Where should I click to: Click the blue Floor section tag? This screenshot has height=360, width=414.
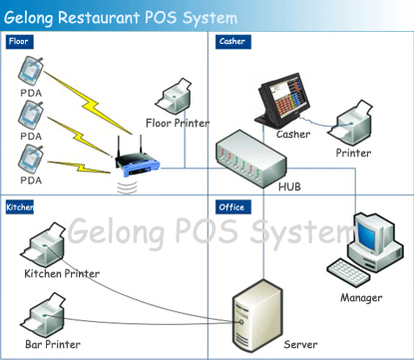19,42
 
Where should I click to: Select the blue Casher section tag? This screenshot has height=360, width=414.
232,42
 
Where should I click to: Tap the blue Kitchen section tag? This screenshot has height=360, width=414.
20,207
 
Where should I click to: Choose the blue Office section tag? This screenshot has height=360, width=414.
232,207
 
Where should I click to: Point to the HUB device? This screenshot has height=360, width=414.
250,159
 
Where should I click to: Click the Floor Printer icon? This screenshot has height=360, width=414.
174,96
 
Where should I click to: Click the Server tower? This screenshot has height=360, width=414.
257,317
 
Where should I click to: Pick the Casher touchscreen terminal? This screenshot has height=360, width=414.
282,101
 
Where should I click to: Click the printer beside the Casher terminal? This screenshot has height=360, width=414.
349,124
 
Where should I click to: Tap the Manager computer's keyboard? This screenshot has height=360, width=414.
348,271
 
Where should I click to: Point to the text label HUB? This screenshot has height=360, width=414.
289,186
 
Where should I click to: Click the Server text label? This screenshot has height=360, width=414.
300,344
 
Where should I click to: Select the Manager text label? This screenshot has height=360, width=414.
361,298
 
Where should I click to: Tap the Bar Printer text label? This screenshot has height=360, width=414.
53,344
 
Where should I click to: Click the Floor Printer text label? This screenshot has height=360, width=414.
178,124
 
